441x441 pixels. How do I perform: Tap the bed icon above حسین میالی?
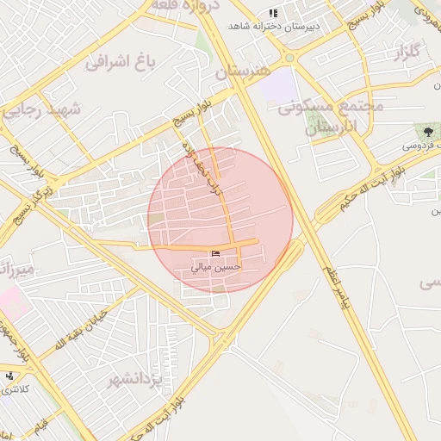[215, 252]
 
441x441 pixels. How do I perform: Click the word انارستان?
[331, 127]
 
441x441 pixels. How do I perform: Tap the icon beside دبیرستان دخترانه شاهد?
[274, 13]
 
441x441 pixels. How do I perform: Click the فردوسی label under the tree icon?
[419, 146]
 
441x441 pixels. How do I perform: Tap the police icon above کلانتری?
[9, 376]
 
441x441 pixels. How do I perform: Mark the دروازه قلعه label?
[187, 5]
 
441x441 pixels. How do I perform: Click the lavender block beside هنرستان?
[276, 86]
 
